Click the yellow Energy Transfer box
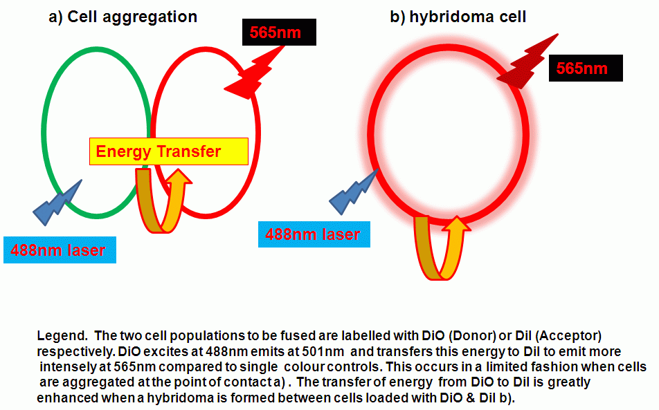click(x=168, y=151)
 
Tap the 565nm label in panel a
click(x=279, y=32)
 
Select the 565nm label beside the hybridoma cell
click(x=586, y=68)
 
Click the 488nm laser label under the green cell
click(x=60, y=250)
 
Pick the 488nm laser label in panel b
click(x=314, y=234)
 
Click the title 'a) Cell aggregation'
click(x=123, y=17)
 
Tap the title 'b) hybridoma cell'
click(x=458, y=17)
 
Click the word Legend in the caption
click(x=62, y=336)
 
